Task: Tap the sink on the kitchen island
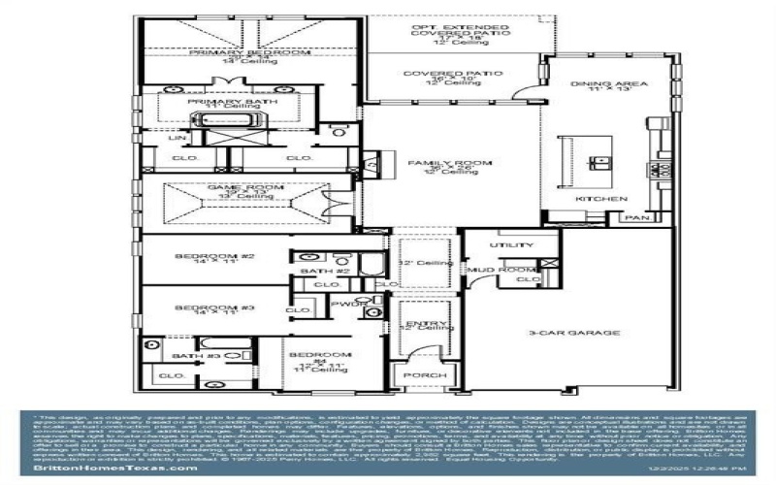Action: [x=603, y=159]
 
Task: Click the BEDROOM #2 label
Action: [x=214, y=257]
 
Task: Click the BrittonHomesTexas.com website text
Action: [x=99, y=469]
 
